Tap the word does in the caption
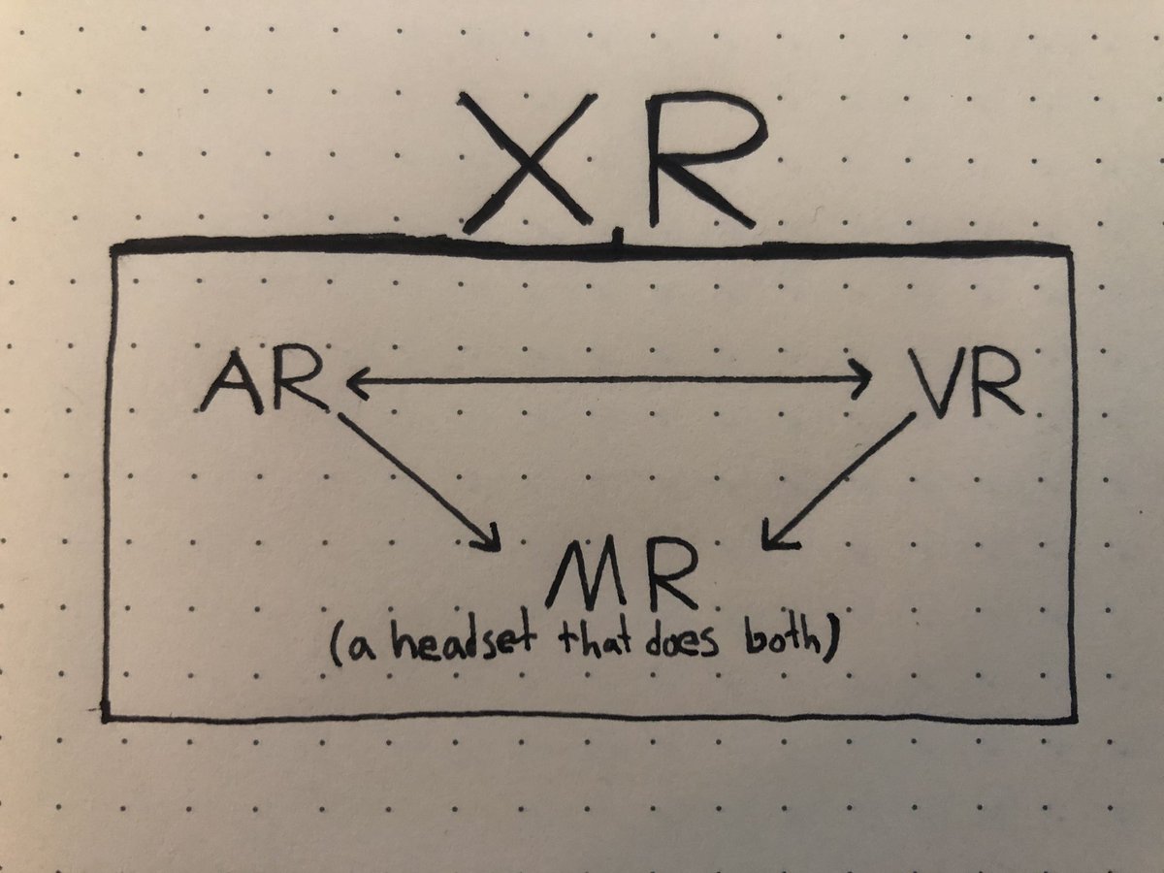[683, 644]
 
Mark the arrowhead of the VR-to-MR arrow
[773, 537]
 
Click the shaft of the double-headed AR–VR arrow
[606, 380]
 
